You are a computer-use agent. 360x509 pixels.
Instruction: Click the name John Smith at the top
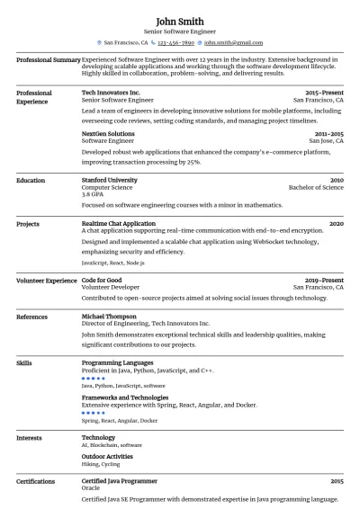179,21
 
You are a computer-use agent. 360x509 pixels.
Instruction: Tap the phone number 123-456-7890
176,42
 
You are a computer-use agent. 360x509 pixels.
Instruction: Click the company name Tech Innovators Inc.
111,93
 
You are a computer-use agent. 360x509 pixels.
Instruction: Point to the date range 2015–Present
324,93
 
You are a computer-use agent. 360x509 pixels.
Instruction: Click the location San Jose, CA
326,141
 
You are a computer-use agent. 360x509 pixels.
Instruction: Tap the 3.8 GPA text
91,194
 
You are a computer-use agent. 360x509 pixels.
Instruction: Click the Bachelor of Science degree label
315,187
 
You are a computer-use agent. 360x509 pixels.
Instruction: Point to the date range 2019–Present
324,280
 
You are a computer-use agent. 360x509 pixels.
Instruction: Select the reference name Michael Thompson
109,317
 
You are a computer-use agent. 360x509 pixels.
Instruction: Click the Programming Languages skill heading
117,362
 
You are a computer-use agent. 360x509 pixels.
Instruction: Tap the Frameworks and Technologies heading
124,397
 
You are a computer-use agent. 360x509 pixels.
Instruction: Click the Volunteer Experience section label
47,280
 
